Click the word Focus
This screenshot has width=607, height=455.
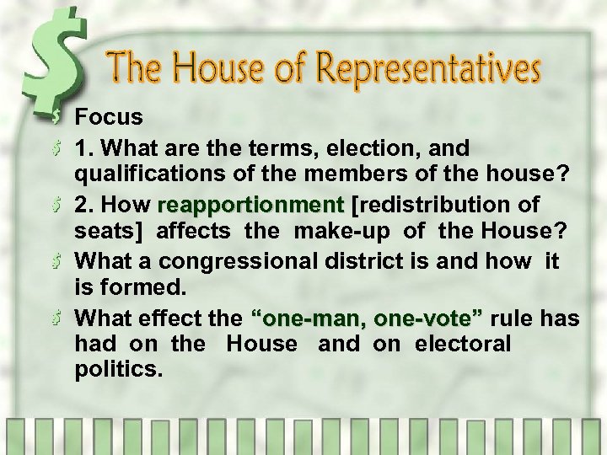(109, 117)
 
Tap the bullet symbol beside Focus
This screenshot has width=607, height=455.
(56, 117)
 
